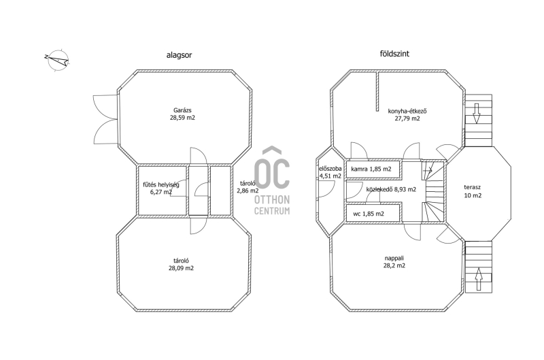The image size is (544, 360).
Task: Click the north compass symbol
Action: (x=56, y=61)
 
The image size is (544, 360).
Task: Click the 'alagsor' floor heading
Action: (x=179, y=55)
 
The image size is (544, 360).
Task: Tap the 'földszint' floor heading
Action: (x=394, y=54)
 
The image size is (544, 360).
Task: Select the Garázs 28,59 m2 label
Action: (x=182, y=114)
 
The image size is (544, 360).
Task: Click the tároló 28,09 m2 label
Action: (x=181, y=264)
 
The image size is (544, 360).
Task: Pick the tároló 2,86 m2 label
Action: (x=248, y=186)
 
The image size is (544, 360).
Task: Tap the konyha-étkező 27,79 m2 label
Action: (x=407, y=114)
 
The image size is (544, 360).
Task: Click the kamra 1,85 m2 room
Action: (x=373, y=169)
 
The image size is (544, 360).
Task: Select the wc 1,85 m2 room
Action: (x=373, y=213)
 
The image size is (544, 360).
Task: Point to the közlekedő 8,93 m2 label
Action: (x=391, y=189)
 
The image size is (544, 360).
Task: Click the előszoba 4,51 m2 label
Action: (x=330, y=172)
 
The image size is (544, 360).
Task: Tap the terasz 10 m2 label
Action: (x=473, y=191)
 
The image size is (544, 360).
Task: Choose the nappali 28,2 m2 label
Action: (x=394, y=262)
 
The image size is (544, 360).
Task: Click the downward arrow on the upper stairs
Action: (x=477, y=113)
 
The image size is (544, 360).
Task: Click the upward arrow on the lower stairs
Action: (x=479, y=278)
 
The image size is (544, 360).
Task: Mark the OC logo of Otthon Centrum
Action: (x=271, y=167)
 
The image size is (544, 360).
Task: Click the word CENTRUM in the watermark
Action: (x=272, y=211)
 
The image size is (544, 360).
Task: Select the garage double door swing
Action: (x=105, y=119)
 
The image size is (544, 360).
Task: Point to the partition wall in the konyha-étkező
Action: (x=377, y=91)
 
